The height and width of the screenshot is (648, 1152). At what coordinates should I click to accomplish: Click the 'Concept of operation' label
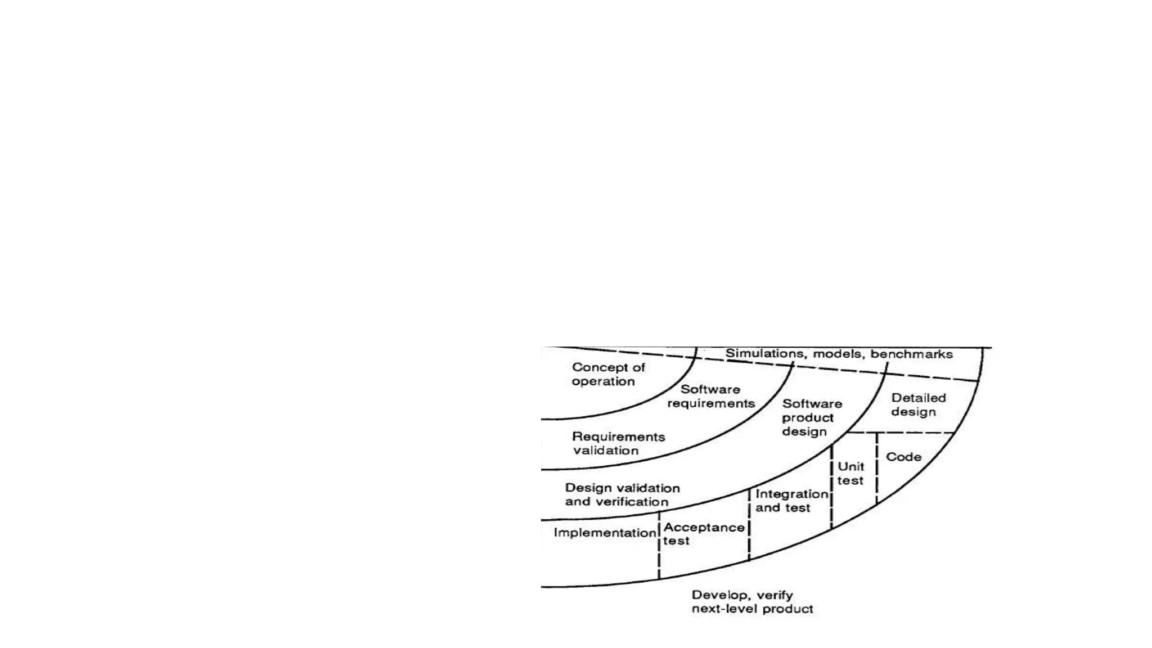click(x=608, y=374)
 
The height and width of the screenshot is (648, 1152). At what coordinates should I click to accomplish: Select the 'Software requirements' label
click(x=711, y=396)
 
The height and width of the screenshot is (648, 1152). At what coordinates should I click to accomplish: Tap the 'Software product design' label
click(x=812, y=417)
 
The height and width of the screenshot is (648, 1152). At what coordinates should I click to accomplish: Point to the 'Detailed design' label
click(x=918, y=404)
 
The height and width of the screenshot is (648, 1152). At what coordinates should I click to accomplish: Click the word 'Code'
click(x=903, y=457)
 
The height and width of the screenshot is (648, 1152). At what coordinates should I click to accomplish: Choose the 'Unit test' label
click(x=850, y=473)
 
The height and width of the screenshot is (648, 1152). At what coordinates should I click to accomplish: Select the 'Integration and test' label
click(x=791, y=501)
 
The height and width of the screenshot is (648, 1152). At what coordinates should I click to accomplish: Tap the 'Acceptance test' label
click(x=704, y=534)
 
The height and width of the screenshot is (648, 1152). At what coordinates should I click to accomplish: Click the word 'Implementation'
click(x=605, y=533)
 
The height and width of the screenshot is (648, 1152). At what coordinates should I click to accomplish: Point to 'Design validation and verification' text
click(x=622, y=494)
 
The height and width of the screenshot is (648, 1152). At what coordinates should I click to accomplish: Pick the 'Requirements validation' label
click(x=618, y=443)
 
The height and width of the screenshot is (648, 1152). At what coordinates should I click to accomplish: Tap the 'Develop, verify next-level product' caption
click(x=752, y=602)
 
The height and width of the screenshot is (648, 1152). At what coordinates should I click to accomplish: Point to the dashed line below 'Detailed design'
click(x=900, y=433)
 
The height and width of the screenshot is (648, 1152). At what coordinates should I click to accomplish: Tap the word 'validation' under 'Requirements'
click(x=606, y=451)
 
